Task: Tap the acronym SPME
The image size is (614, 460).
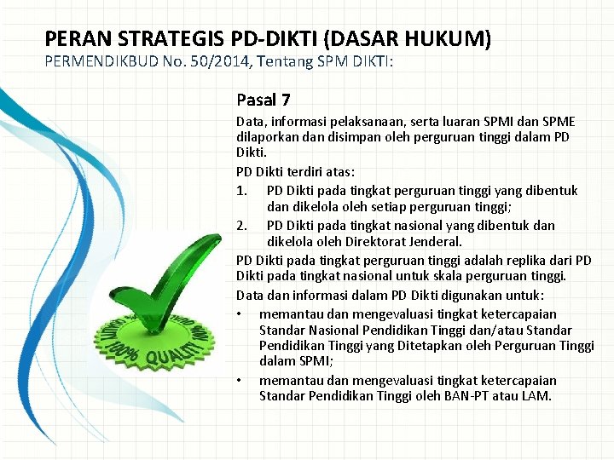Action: coord(559,123)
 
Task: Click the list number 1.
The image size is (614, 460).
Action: coord(241,190)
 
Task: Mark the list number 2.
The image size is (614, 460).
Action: coord(241,225)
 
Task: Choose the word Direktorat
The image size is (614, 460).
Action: coord(374,242)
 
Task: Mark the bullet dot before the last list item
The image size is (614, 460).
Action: coord(241,381)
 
